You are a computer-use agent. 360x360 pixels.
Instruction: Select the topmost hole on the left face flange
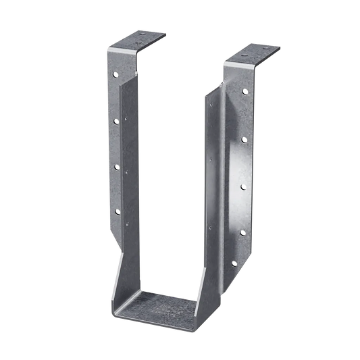pyautogui.click(x=116, y=76)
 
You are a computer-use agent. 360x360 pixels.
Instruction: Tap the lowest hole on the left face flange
pyautogui.click(x=116, y=212)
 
